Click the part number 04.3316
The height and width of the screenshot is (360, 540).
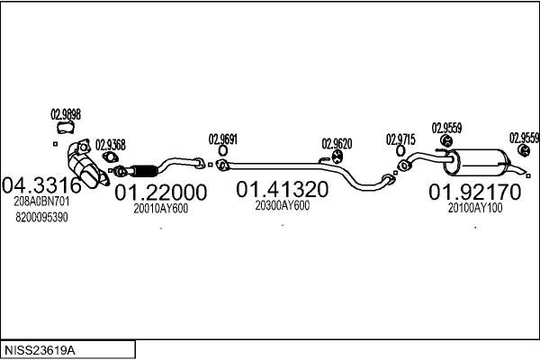click(x=43, y=186)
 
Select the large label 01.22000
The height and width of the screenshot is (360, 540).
click(x=161, y=193)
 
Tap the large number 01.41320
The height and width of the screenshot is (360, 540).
click(x=282, y=190)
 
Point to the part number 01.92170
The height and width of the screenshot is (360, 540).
click(x=474, y=193)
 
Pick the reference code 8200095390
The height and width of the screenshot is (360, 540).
click(x=41, y=218)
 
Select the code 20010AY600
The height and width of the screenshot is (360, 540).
click(x=160, y=209)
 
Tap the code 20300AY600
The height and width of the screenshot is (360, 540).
click(x=282, y=206)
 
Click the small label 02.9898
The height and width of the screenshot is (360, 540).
click(x=66, y=114)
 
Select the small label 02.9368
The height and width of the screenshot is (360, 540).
click(x=110, y=144)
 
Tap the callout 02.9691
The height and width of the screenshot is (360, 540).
click(x=223, y=139)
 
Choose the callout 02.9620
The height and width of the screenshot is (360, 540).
click(x=337, y=143)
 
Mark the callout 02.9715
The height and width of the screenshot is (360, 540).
click(x=400, y=139)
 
